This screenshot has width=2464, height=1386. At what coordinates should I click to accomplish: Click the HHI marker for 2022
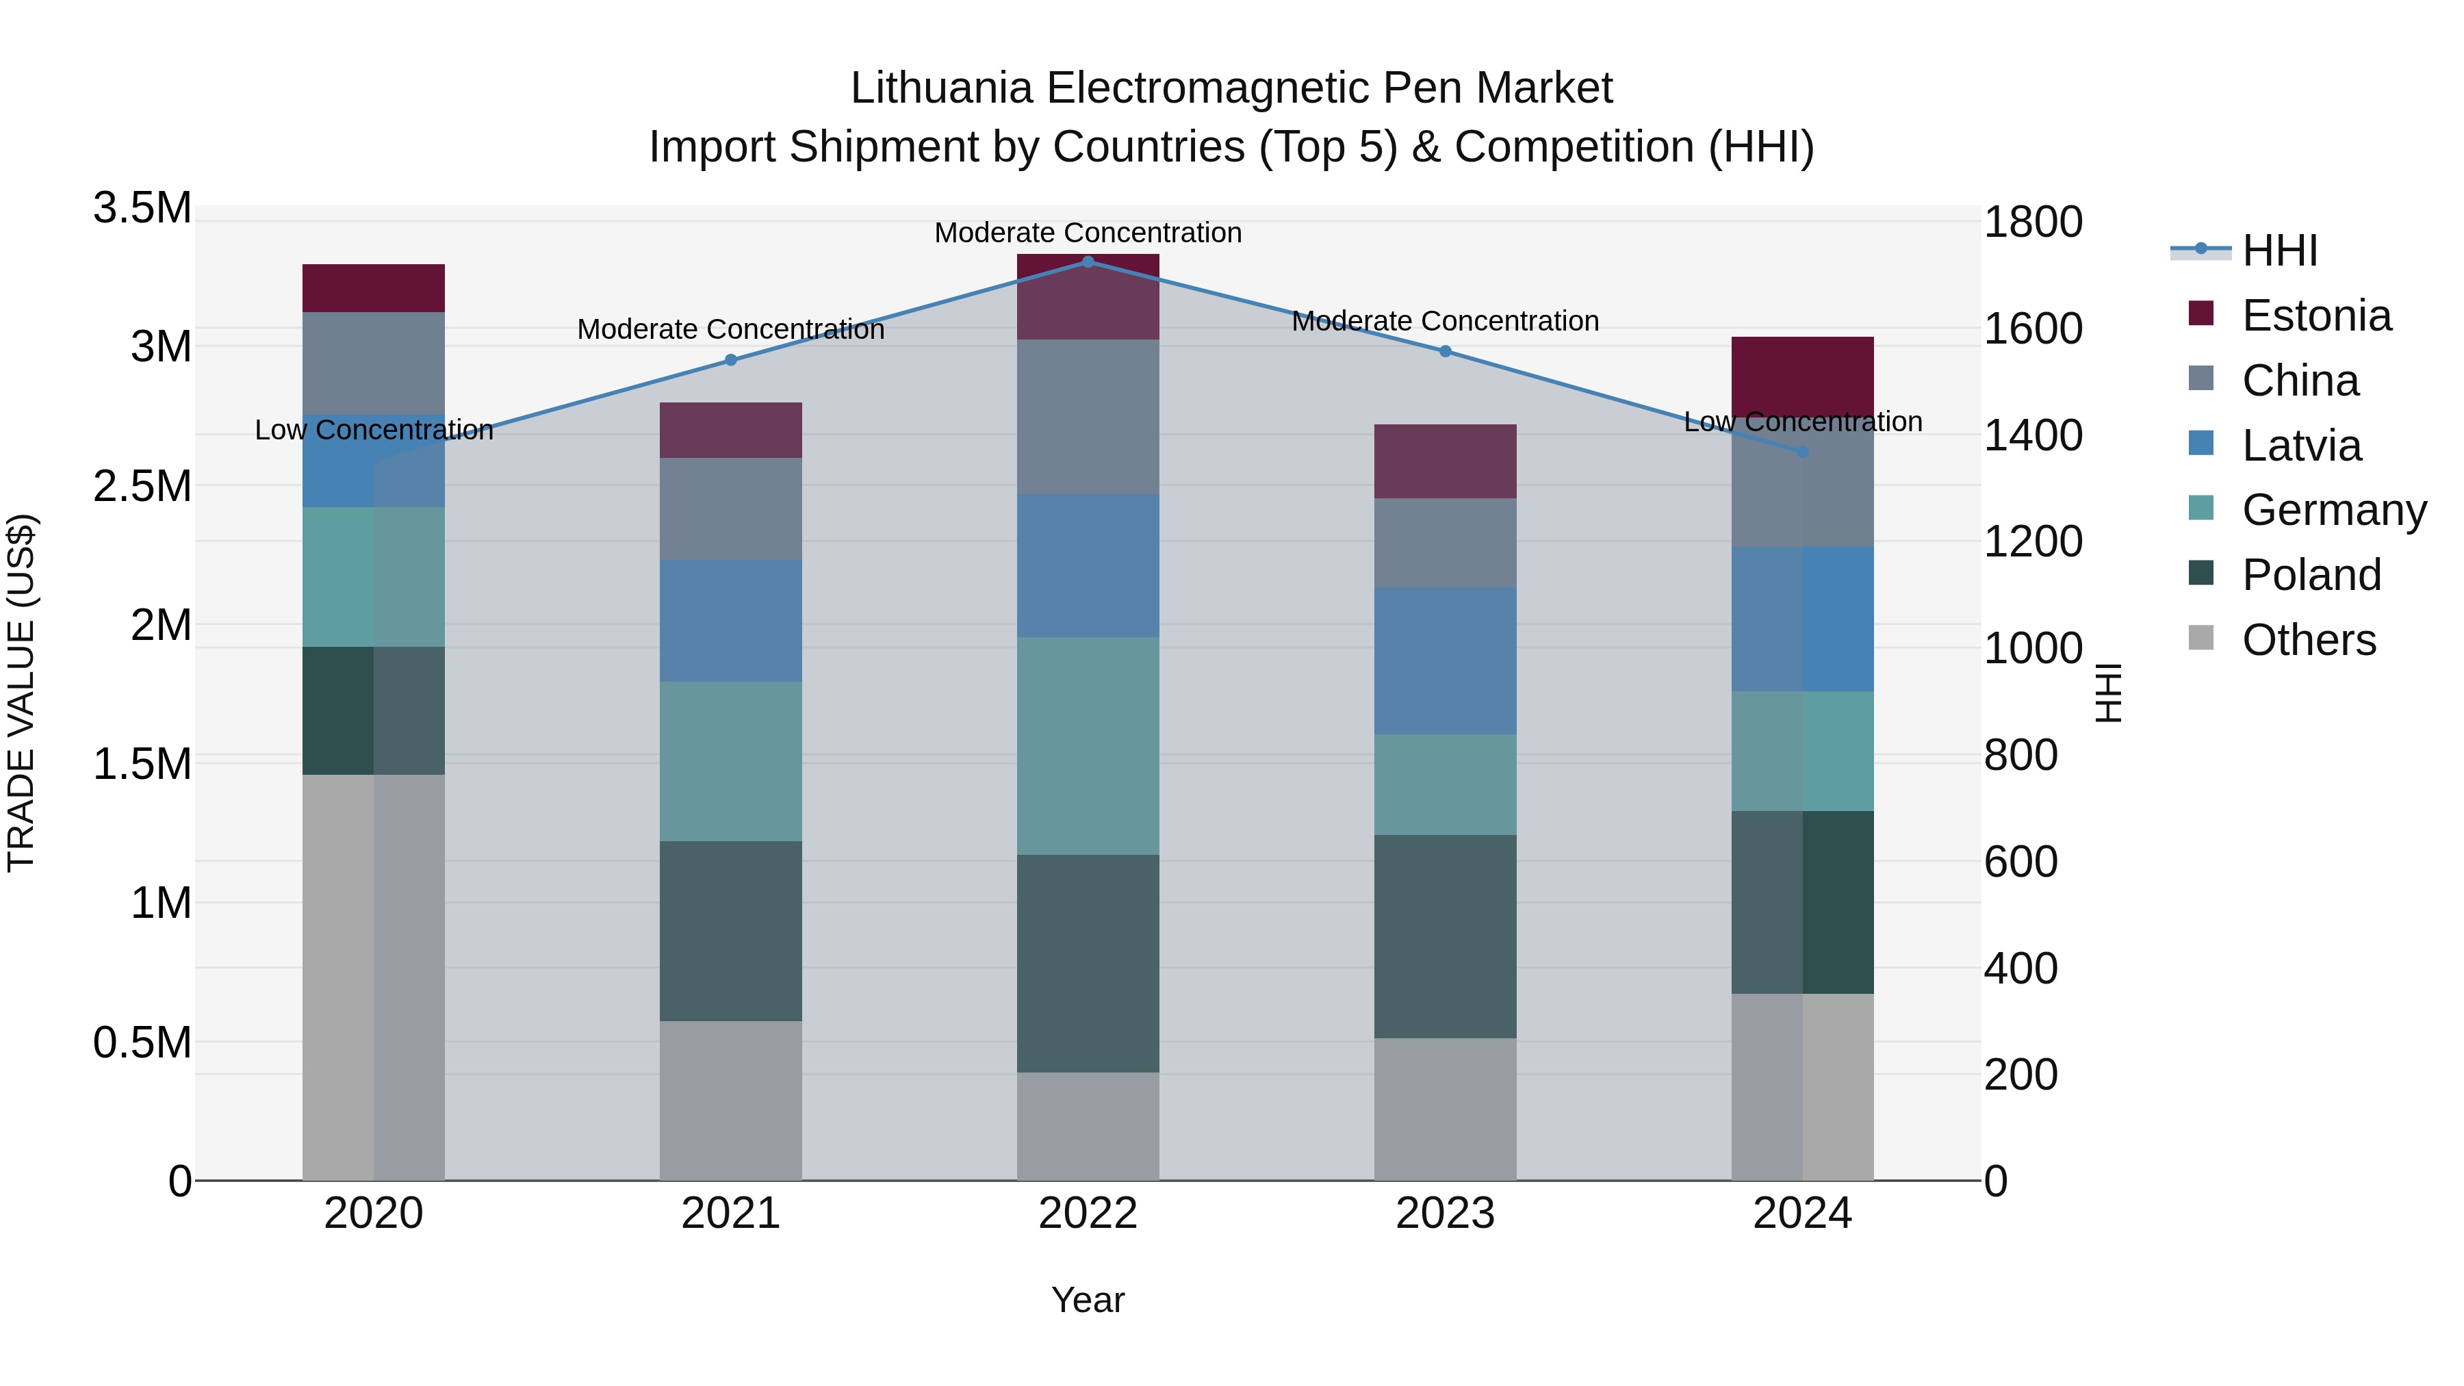1088,261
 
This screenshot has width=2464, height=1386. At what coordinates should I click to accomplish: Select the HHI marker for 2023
1446,352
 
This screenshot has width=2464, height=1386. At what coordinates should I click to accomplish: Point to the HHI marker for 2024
1802,452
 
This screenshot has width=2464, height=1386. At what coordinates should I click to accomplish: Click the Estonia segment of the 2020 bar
373,288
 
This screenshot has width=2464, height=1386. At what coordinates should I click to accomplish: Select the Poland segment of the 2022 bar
1088,963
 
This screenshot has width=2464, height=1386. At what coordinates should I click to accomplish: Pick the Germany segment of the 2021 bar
731,761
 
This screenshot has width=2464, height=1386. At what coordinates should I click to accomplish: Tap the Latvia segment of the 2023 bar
1446,661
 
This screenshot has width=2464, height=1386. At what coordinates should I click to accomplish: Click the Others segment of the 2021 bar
731,1100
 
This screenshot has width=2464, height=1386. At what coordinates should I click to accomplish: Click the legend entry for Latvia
2300,446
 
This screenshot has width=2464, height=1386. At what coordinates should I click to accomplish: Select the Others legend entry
2308,640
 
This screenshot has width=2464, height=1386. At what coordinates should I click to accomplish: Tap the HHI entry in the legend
2279,251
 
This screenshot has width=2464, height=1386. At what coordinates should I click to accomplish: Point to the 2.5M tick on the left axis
142,486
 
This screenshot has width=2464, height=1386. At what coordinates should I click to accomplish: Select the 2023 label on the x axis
1446,1214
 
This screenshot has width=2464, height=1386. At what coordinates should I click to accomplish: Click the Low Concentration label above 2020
374,431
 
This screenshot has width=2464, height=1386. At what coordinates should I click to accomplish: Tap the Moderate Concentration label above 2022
1088,233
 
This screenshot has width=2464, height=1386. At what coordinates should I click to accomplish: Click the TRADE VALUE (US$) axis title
21,693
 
